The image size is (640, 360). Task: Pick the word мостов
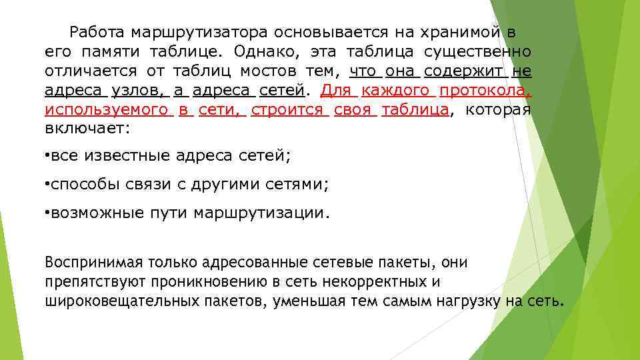pos(270,71)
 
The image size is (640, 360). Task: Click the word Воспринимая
pos(87,262)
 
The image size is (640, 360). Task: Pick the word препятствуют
pos(89,281)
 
